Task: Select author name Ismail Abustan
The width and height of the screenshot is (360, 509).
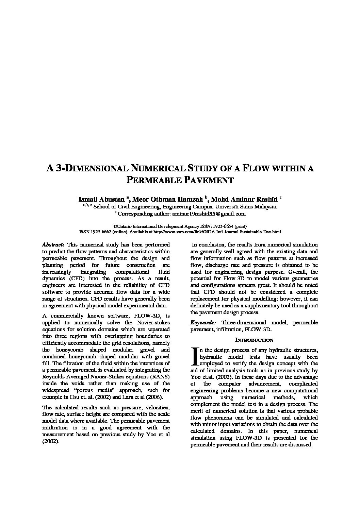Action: tap(101, 199)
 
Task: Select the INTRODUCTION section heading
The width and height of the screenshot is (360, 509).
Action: tap(254, 340)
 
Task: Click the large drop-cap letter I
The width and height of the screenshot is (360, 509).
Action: tap(195, 356)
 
